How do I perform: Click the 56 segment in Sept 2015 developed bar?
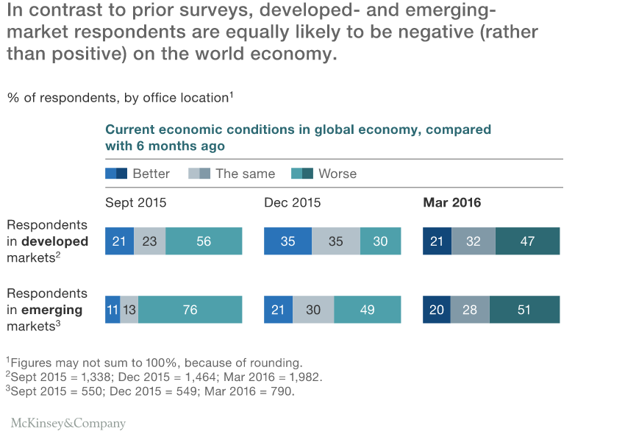coord(204,241)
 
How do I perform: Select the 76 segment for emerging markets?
coord(190,310)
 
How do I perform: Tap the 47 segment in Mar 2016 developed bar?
coord(527,241)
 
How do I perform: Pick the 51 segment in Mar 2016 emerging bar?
coord(524,310)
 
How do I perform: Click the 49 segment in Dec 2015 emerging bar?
coord(368,310)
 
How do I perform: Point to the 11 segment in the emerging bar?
coord(113,310)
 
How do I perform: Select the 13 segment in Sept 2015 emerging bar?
coord(129,310)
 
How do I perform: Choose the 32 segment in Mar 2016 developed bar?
coord(474,241)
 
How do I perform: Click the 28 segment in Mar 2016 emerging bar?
coord(470,310)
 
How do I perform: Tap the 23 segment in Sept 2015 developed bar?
coord(150,241)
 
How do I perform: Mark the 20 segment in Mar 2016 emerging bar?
coord(437,310)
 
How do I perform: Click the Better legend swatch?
coord(116,174)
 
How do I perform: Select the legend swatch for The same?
coord(199,174)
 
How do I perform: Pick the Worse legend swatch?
coord(302,174)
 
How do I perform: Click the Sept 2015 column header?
coord(135,202)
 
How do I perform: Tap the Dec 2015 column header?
coord(292,202)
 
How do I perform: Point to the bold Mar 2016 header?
coord(452,202)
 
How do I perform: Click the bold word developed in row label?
coord(54,241)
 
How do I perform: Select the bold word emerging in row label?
coord(51,310)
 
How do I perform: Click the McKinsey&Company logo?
coord(68,423)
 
